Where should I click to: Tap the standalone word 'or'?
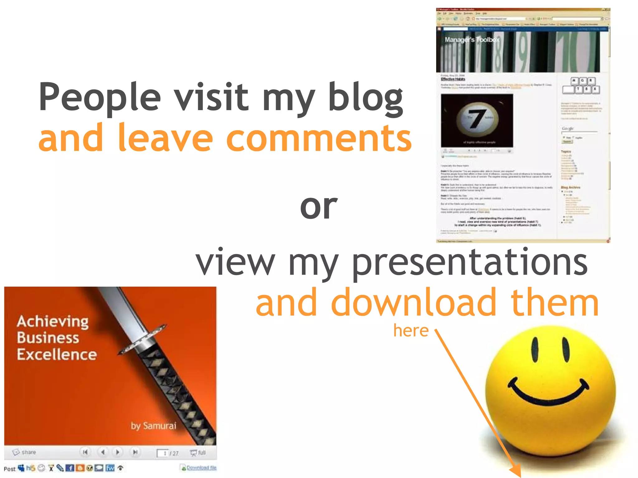pyautogui.click(x=318, y=207)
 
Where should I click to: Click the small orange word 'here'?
pyautogui.click(x=411, y=330)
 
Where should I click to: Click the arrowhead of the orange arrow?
pyautogui.click(x=517, y=471)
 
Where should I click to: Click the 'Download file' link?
pyautogui.click(x=201, y=467)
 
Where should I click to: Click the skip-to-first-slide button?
pyautogui.click(x=85, y=452)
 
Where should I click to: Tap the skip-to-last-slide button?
pyautogui.click(x=135, y=452)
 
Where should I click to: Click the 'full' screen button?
pyautogui.click(x=198, y=452)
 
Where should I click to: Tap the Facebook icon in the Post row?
pyautogui.click(x=70, y=468)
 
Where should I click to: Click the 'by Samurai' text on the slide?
pyautogui.click(x=153, y=426)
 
